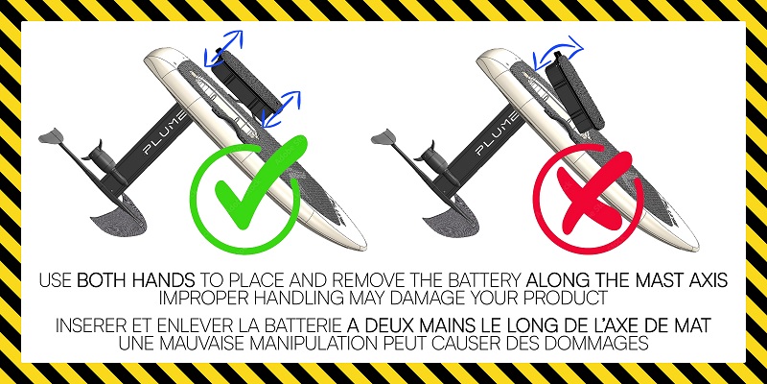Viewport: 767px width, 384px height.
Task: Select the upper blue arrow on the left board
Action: coord(226,42)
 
